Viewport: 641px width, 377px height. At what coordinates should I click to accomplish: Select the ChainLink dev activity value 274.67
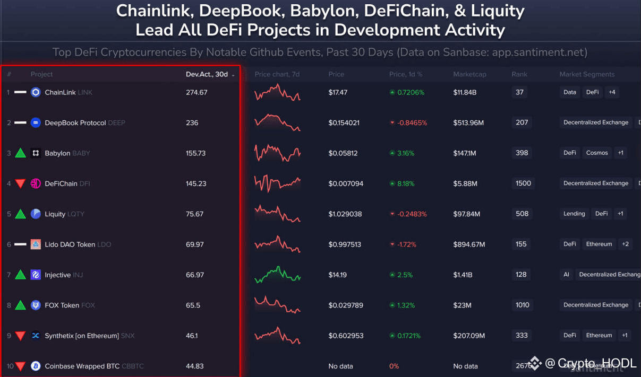pyautogui.click(x=196, y=92)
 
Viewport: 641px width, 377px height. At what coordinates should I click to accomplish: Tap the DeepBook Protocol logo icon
pyautogui.click(x=36, y=122)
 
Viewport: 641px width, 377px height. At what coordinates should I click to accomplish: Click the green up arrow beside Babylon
pyautogui.click(x=20, y=153)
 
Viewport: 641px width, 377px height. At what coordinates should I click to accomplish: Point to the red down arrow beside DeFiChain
pyautogui.click(x=20, y=184)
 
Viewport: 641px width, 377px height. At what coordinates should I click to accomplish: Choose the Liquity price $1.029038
pyautogui.click(x=345, y=214)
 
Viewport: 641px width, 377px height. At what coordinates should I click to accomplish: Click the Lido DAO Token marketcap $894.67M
pyautogui.click(x=469, y=244)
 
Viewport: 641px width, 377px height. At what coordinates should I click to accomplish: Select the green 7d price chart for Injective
pyautogui.click(x=277, y=275)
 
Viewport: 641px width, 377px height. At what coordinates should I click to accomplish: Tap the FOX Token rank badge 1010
pyautogui.click(x=522, y=305)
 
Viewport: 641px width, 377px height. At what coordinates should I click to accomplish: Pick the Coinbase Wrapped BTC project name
pyautogui.click(x=82, y=366)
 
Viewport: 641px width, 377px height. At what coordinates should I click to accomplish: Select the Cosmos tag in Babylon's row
pyautogui.click(x=597, y=153)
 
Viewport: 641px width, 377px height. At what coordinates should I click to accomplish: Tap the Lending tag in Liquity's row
pyautogui.click(x=574, y=214)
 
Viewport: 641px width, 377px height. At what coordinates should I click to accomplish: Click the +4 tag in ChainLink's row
pyautogui.click(x=612, y=92)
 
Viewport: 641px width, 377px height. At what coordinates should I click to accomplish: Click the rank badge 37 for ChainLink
pyautogui.click(x=519, y=92)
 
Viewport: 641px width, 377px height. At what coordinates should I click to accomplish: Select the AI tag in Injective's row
pyautogui.click(x=567, y=275)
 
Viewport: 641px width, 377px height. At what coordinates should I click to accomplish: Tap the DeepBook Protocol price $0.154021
pyautogui.click(x=344, y=122)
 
